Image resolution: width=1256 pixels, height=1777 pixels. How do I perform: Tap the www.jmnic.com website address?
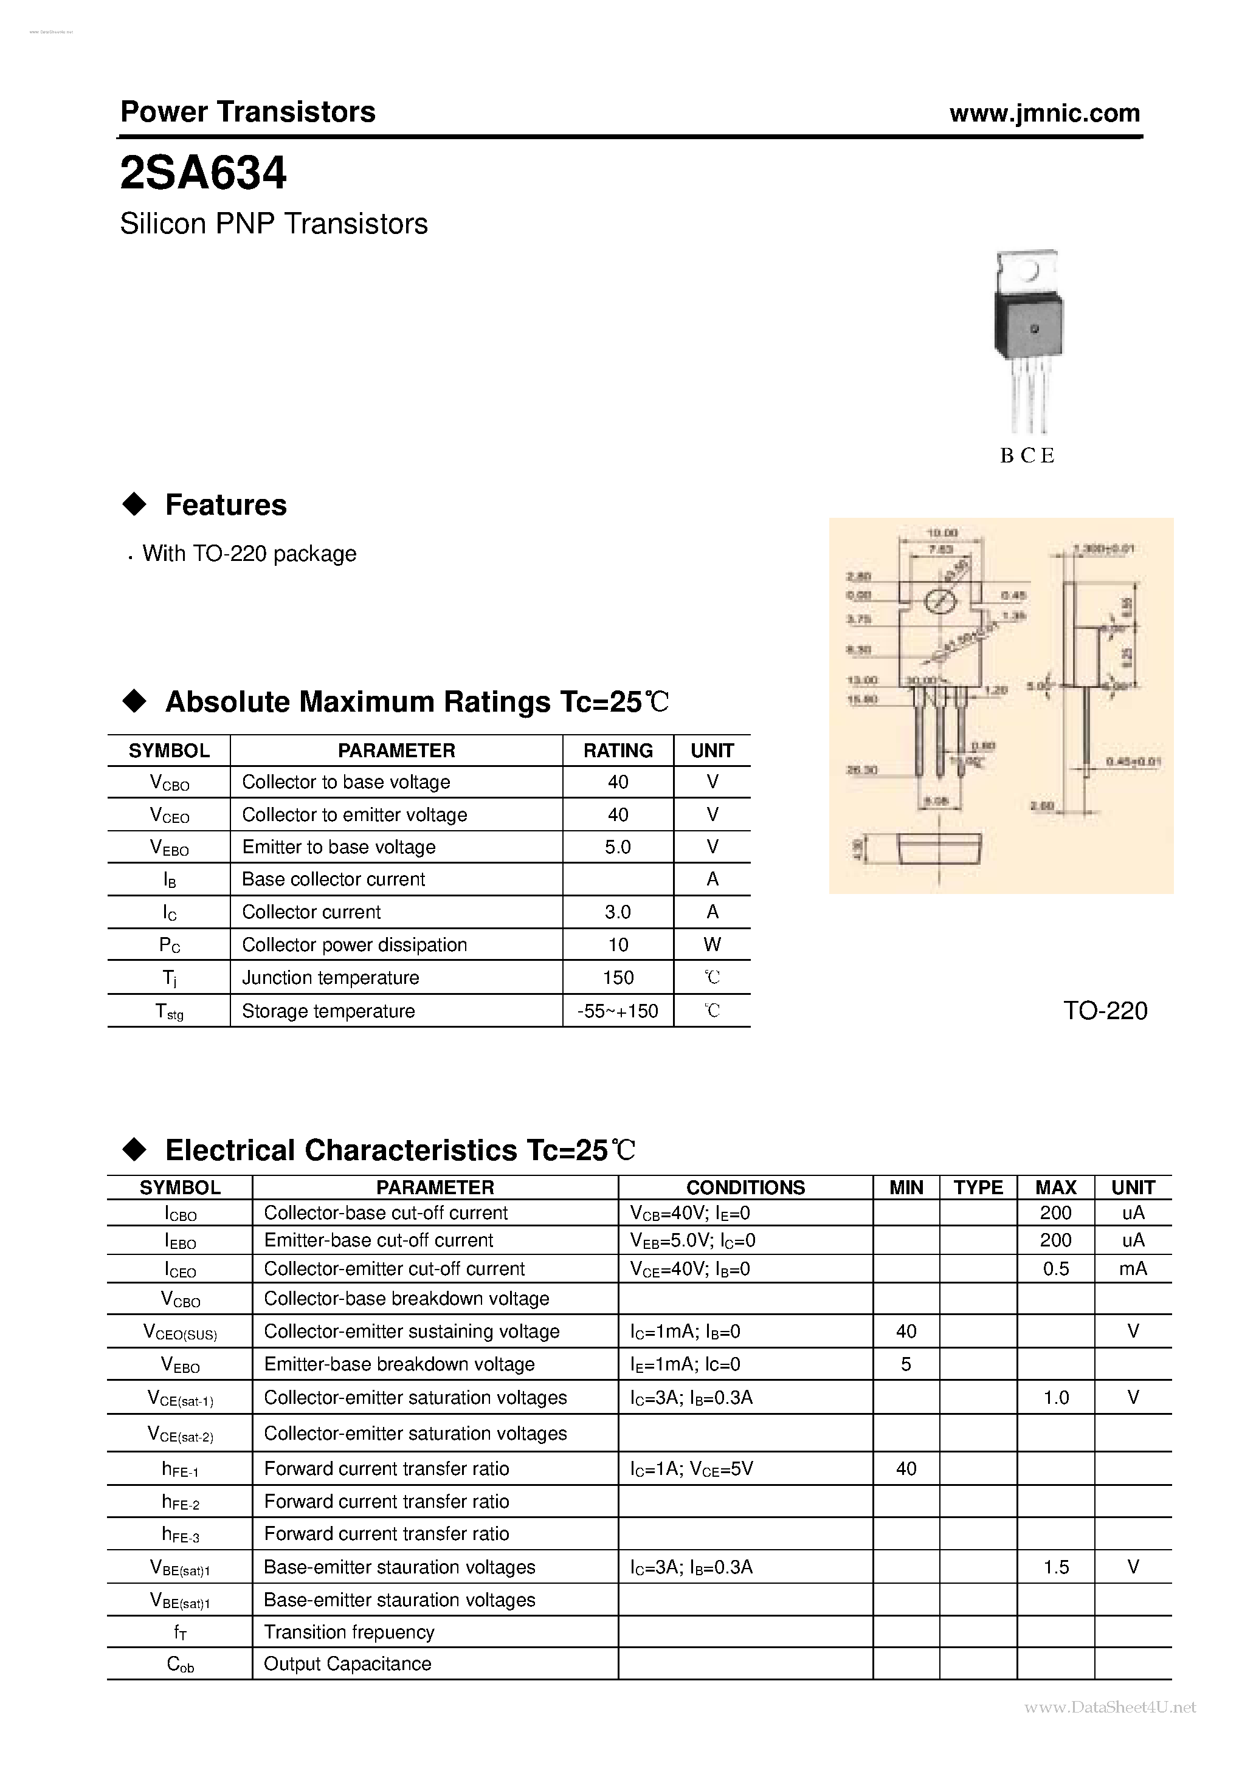(x=1044, y=114)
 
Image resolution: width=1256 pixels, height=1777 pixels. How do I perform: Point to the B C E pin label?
(x=1027, y=456)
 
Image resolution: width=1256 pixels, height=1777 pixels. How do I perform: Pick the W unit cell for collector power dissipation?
(x=712, y=945)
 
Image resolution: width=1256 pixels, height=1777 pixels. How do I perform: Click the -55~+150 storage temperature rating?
(x=617, y=1011)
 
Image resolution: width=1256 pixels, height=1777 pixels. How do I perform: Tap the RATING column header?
(x=617, y=751)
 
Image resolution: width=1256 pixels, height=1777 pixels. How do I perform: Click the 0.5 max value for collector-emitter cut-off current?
(x=1055, y=1268)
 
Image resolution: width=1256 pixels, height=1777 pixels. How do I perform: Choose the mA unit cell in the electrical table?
(x=1132, y=1268)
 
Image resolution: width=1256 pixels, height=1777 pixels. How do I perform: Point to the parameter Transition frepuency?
(x=348, y=1632)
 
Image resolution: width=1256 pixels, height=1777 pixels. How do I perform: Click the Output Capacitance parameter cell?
(x=347, y=1664)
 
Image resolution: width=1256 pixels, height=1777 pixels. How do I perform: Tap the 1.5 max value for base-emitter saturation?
(x=1055, y=1567)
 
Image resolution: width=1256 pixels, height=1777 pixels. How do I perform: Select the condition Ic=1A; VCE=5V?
(x=691, y=1469)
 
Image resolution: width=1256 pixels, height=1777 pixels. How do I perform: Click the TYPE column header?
(x=978, y=1188)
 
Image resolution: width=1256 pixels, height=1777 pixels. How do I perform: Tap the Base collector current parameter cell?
(x=333, y=879)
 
